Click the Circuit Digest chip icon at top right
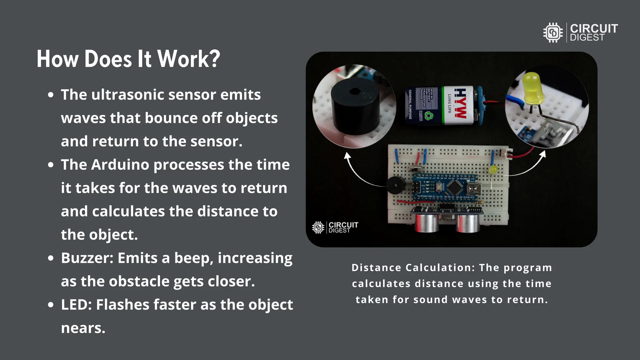coord(553,32)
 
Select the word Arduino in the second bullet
coord(120,165)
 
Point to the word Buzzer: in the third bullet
coord(87,258)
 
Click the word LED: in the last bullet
coord(76,305)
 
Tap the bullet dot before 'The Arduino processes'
coord(51,165)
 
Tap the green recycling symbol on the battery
coord(429,116)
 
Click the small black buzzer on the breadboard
coord(395,185)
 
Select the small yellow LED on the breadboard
coord(493,170)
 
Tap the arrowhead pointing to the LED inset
coord(543,153)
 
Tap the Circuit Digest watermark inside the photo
coord(335,227)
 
